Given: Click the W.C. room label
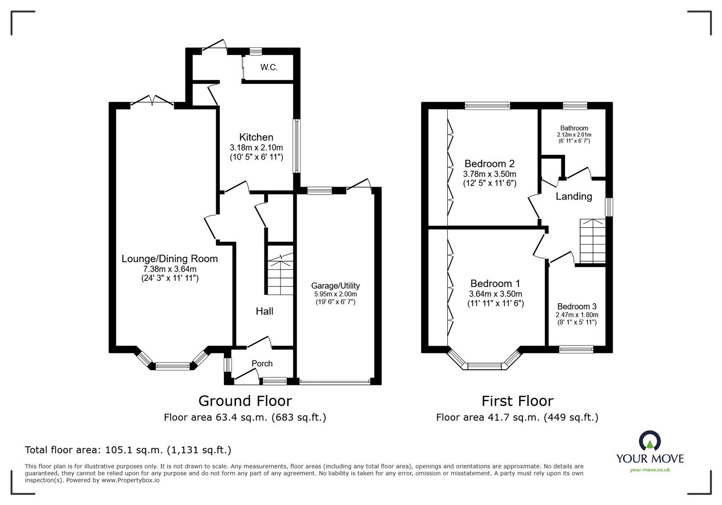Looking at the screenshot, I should pos(268,68).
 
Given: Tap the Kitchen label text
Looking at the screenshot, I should pos(256,137).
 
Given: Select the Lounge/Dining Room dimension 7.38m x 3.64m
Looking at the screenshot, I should pos(169,269).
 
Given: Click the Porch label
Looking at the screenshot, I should pos(262,363).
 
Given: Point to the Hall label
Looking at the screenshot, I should pos(264,311).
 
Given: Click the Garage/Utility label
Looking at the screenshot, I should pos(335,285).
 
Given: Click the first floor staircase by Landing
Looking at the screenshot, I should pos(592,241).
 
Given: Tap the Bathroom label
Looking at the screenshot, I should pos(574,128).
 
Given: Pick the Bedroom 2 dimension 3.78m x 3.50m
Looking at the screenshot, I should pos(490,174).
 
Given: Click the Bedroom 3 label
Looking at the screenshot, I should pos(577,306).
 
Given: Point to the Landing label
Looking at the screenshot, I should pos(574,196).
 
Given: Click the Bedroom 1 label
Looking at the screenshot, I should pos(495,283).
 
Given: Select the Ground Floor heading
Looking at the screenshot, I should pos(245,401).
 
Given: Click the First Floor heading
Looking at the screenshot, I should pos(517,401).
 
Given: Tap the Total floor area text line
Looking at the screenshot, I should pos(128,450).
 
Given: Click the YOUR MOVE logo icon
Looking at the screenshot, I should pos(650,440).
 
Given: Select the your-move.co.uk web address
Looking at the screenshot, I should pos(650,470).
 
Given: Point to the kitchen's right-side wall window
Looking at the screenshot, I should pos(296,146).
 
